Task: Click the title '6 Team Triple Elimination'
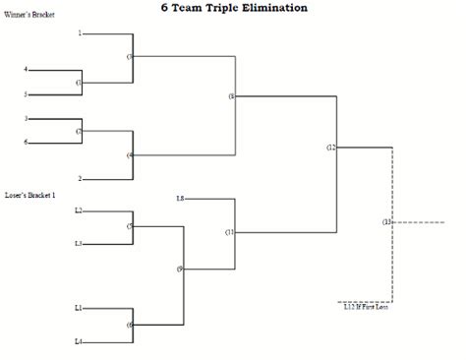click(x=233, y=7)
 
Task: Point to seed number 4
click(x=26, y=70)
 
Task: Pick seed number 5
click(x=26, y=94)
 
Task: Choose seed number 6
click(x=26, y=143)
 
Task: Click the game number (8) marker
click(x=231, y=96)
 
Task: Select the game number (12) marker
click(x=331, y=147)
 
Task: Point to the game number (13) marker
click(x=386, y=222)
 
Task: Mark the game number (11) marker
click(x=229, y=232)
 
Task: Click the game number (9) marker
click(x=180, y=269)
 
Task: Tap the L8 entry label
click(x=180, y=199)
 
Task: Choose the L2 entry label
click(x=78, y=210)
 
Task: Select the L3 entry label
click(x=78, y=243)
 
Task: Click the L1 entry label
click(x=78, y=308)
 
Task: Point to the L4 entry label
click(x=78, y=341)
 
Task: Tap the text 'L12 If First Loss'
click(x=366, y=308)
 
